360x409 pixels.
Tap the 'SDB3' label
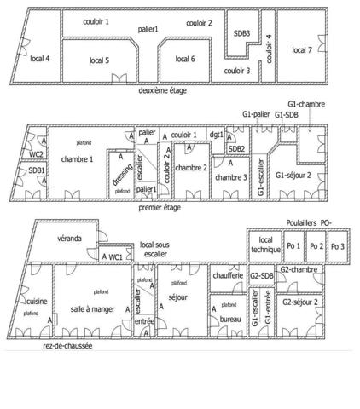click(x=241, y=33)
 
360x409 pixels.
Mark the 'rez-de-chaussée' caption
click(x=67, y=347)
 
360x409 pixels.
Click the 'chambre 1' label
click(x=77, y=158)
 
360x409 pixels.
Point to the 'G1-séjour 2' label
click(x=293, y=176)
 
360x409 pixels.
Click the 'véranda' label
click(x=70, y=238)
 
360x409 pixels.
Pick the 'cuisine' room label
click(x=37, y=301)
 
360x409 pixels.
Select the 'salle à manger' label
click(x=91, y=308)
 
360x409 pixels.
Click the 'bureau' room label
click(x=230, y=319)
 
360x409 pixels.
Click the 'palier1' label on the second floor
click(x=149, y=28)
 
